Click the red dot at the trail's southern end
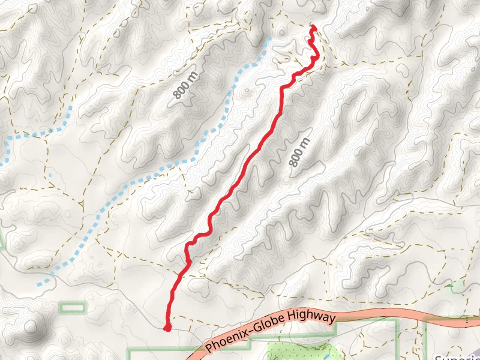[167, 327]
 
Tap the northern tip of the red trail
[313, 26]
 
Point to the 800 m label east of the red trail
[299, 152]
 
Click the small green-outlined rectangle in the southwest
[73, 307]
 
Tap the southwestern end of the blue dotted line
[39, 283]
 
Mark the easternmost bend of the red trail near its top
[317, 58]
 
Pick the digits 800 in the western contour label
[181, 89]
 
